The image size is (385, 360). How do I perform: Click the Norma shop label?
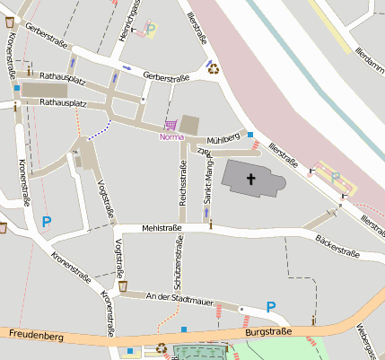(172, 137)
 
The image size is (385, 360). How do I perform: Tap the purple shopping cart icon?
(171, 126)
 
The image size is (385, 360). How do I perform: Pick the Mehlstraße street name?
(162, 228)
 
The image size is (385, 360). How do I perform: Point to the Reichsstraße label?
(183, 188)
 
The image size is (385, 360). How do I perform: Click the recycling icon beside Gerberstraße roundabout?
(214, 66)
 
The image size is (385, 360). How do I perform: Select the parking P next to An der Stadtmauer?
(271, 307)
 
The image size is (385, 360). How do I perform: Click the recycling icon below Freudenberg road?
(162, 347)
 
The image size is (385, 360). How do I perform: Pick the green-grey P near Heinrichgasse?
(150, 29)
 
